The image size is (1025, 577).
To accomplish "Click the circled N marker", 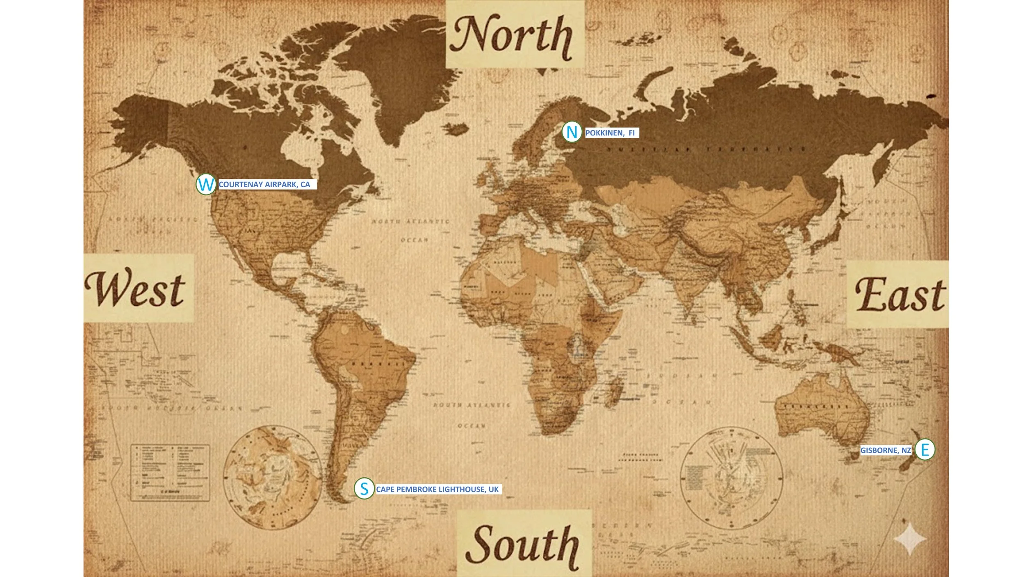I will click(571, 132).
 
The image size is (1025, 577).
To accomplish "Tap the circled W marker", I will click(206, 184).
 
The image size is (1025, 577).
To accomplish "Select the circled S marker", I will click(364, 489).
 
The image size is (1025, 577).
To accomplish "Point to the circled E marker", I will click(925, 450).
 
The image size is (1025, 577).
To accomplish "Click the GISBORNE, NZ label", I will click(885, 450).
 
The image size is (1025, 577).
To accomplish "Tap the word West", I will click(135, 289).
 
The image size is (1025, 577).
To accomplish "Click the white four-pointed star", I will click(910, 539).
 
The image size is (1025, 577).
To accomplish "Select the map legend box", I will click(170, 473).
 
